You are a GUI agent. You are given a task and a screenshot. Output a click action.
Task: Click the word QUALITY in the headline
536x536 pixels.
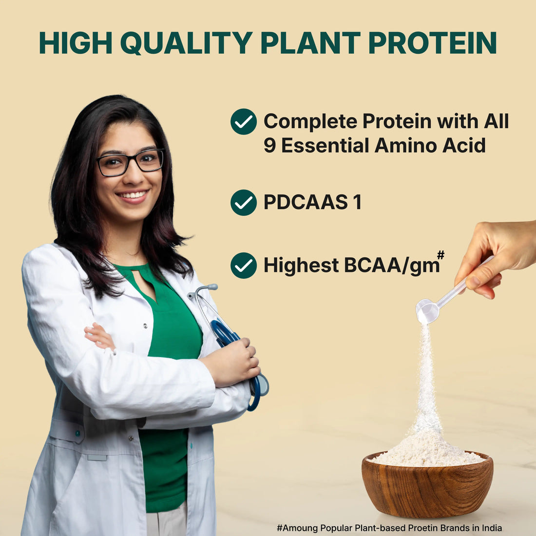pyautogui.click(x=187, y=43)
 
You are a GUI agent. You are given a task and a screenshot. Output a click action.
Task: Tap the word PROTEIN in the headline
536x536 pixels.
pyautogui.click(x=432, y=43)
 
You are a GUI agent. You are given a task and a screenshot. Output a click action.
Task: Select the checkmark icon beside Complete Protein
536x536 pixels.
pyautogui.click(x=243, y=122)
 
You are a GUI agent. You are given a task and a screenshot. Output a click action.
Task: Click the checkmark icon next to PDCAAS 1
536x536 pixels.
pyautogui.click(x=243, y=202)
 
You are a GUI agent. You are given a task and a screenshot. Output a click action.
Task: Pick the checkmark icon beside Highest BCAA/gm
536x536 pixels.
pyautogui.click(x=243, y=266)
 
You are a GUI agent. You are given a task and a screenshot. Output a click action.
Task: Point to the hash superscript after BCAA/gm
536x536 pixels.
pyautogui.click(x=440, y=255)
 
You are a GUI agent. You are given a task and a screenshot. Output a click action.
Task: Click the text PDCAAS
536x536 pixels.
pyautogui.click(x=306, y=202)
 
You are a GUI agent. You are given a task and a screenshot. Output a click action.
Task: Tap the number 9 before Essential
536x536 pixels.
pyautogui.click(x=270, y=145)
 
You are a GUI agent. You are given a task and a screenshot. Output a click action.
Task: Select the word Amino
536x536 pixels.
pyautogui.click(x=405, y=145)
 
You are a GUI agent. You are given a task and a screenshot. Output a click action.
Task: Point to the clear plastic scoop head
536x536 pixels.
pyautogui.click(x=427, y=311)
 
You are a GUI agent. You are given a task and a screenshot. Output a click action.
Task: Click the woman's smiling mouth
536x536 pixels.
pyautogui.click(x=133, y=195)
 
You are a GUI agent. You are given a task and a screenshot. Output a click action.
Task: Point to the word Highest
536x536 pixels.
pyautogui.click(x=301, y=265)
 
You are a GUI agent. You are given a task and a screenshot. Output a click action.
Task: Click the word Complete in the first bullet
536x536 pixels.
pyautogui.click(x=310, y=121)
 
